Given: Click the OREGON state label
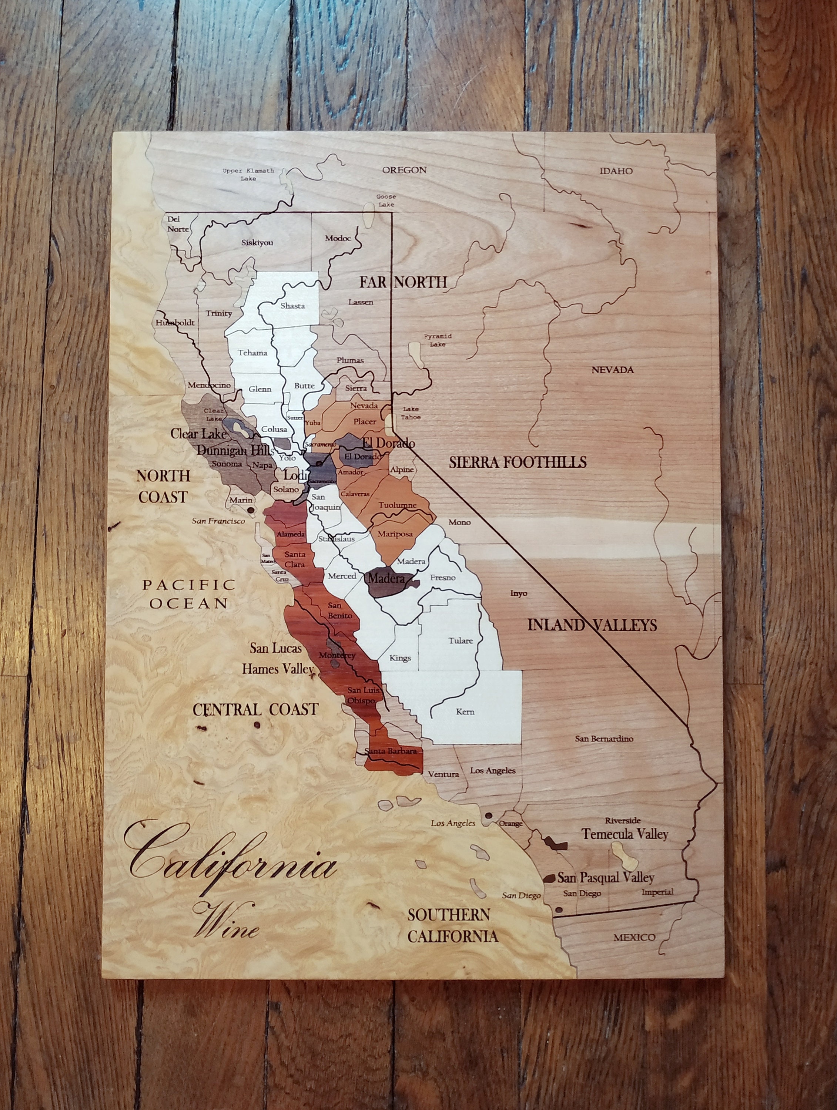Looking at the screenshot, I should [404, 170].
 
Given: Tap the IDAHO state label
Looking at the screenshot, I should [616, 171].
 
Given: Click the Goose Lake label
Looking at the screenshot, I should [386, 201].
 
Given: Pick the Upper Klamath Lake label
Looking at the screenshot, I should [248, 174].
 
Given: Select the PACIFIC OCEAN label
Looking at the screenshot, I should [189, 593].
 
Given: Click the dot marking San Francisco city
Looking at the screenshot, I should [250, 510].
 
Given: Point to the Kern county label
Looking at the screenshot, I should [465, 711].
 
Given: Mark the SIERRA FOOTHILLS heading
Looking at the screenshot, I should [517, 462].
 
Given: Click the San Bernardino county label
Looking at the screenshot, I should [604, 739].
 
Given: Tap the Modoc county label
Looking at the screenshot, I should [338, 238].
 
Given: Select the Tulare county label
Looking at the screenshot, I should [461, 641].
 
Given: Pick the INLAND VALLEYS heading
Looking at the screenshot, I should [592, 625].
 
